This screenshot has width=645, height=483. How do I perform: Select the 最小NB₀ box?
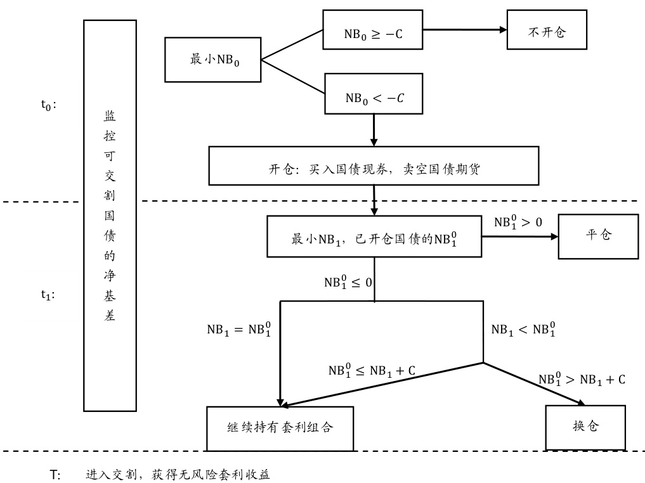coord(213,60)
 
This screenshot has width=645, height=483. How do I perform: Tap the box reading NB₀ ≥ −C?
coord(373,29)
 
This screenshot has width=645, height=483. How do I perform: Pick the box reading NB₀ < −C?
coord(373,94)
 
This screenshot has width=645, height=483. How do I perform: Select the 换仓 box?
coord(585,426)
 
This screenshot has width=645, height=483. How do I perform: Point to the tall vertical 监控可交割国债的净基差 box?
coord(110,216)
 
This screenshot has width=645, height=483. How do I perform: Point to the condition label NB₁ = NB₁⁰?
coord(238,330)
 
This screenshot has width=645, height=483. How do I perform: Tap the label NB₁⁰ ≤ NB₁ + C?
coord(372,371)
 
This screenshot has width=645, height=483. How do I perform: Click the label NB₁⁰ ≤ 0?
coord(348,283)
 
